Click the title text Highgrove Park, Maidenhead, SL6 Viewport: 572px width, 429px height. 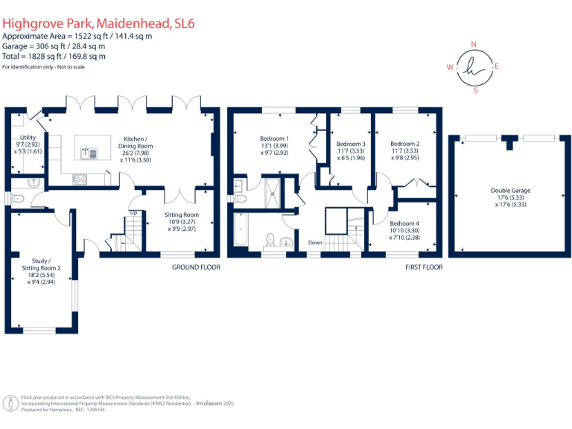point(99,24)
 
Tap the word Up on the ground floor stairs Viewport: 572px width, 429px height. point(134,212)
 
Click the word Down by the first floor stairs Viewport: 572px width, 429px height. point(316,243)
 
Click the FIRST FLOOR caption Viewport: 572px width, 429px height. point(424,267)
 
